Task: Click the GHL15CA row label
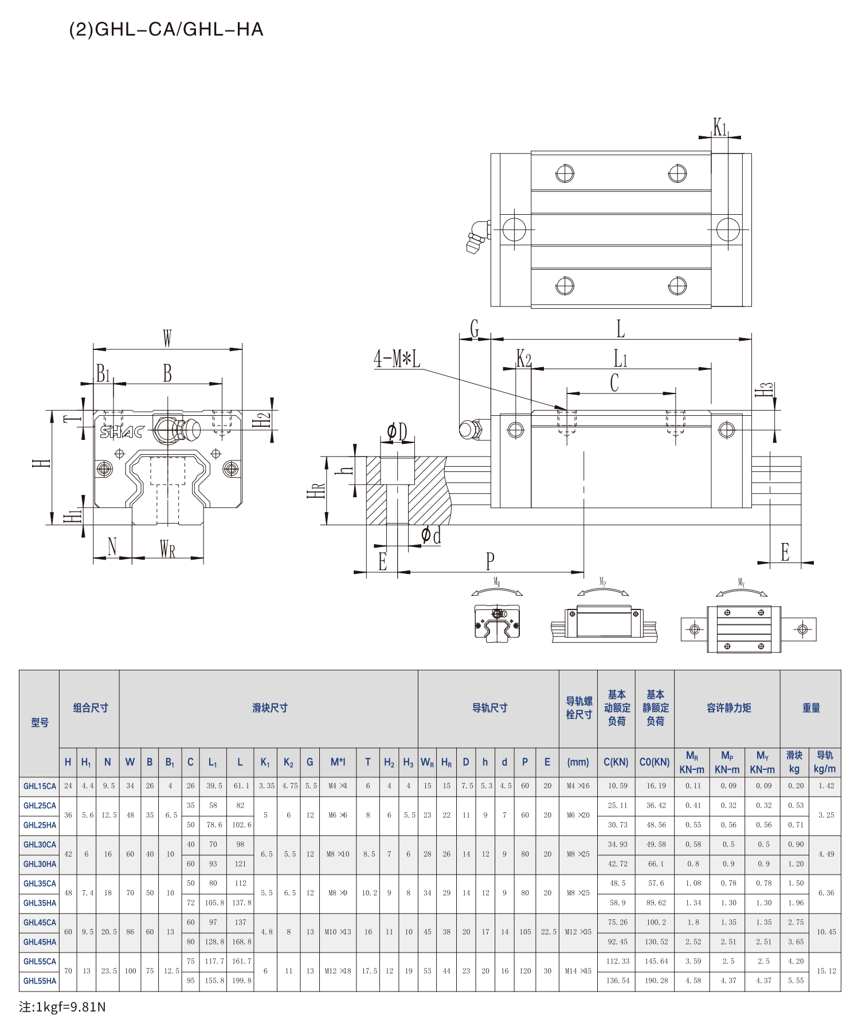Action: click(40, 786)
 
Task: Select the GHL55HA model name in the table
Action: click(40, 981)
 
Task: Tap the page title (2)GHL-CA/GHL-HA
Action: click(166, 29)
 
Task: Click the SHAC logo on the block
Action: click(122, 431)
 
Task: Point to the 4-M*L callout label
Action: click(397, 359)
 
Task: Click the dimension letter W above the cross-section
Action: click(167, 338)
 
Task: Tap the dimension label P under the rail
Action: click(490, 561)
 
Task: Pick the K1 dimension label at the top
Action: click(720, 127)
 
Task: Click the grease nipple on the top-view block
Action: click(477, 237)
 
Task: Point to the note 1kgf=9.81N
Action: click(62, 1007)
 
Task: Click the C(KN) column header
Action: click(616, 762)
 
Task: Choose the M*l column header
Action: click(338, 762)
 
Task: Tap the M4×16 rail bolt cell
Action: click(578, 786)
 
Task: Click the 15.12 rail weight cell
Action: click(826, 971)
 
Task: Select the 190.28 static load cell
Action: click(656, 981)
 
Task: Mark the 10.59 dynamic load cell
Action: click(617, 786)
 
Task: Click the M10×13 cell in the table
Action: click(338, 932)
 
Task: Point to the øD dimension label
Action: click(397, 431)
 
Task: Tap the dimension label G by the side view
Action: click(475, 329)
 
